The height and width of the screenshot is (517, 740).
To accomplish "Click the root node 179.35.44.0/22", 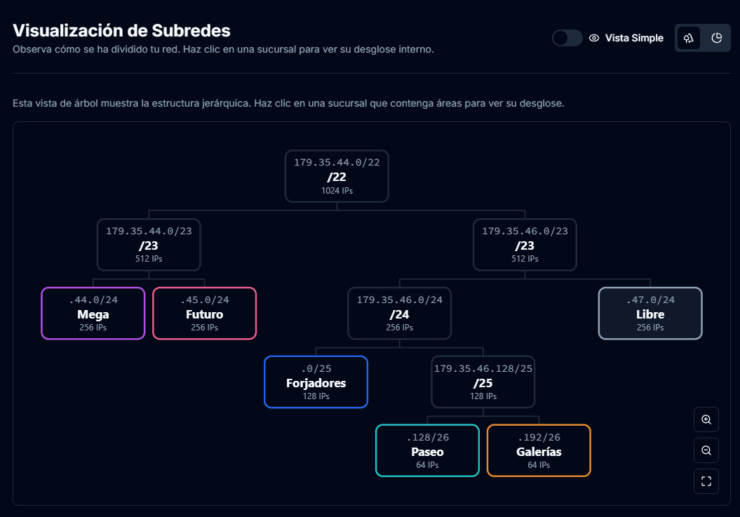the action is [x=337, y=175].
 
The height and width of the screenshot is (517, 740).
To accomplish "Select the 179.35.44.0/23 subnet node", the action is [x=149, y=244].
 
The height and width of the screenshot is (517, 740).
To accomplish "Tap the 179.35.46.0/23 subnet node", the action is [x=525, y=244].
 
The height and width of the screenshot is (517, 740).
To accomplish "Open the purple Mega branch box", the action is [x=93, y=313].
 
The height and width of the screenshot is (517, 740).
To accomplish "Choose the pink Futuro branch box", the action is [x=204, y=313].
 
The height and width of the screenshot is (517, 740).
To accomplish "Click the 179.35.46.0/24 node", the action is [x=399, y=313].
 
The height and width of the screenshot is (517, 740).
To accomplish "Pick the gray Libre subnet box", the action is [x=650, y=313].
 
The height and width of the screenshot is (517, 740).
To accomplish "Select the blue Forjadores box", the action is [x=316, y=382].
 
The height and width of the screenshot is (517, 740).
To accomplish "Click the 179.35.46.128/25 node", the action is [x=483, y=382].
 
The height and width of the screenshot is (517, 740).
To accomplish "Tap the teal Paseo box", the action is [x=427, y=450].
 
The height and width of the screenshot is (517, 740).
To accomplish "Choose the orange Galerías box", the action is [x=539, y=450].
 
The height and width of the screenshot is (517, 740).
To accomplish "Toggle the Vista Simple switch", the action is [x=567, y=38].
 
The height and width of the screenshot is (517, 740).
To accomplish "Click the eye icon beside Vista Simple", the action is [x=594, y=38].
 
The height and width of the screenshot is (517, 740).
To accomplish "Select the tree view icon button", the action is [x=689, y=38].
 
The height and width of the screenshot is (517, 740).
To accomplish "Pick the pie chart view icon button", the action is [x=716, y=38].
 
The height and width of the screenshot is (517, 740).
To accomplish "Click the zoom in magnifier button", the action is [x=706, y=419].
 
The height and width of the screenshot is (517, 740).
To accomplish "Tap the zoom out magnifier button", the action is [x=706, y=450].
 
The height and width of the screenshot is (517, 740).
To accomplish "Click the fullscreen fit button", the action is [x=706, y=481].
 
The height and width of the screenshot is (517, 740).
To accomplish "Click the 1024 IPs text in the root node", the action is [x=337, y=190].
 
